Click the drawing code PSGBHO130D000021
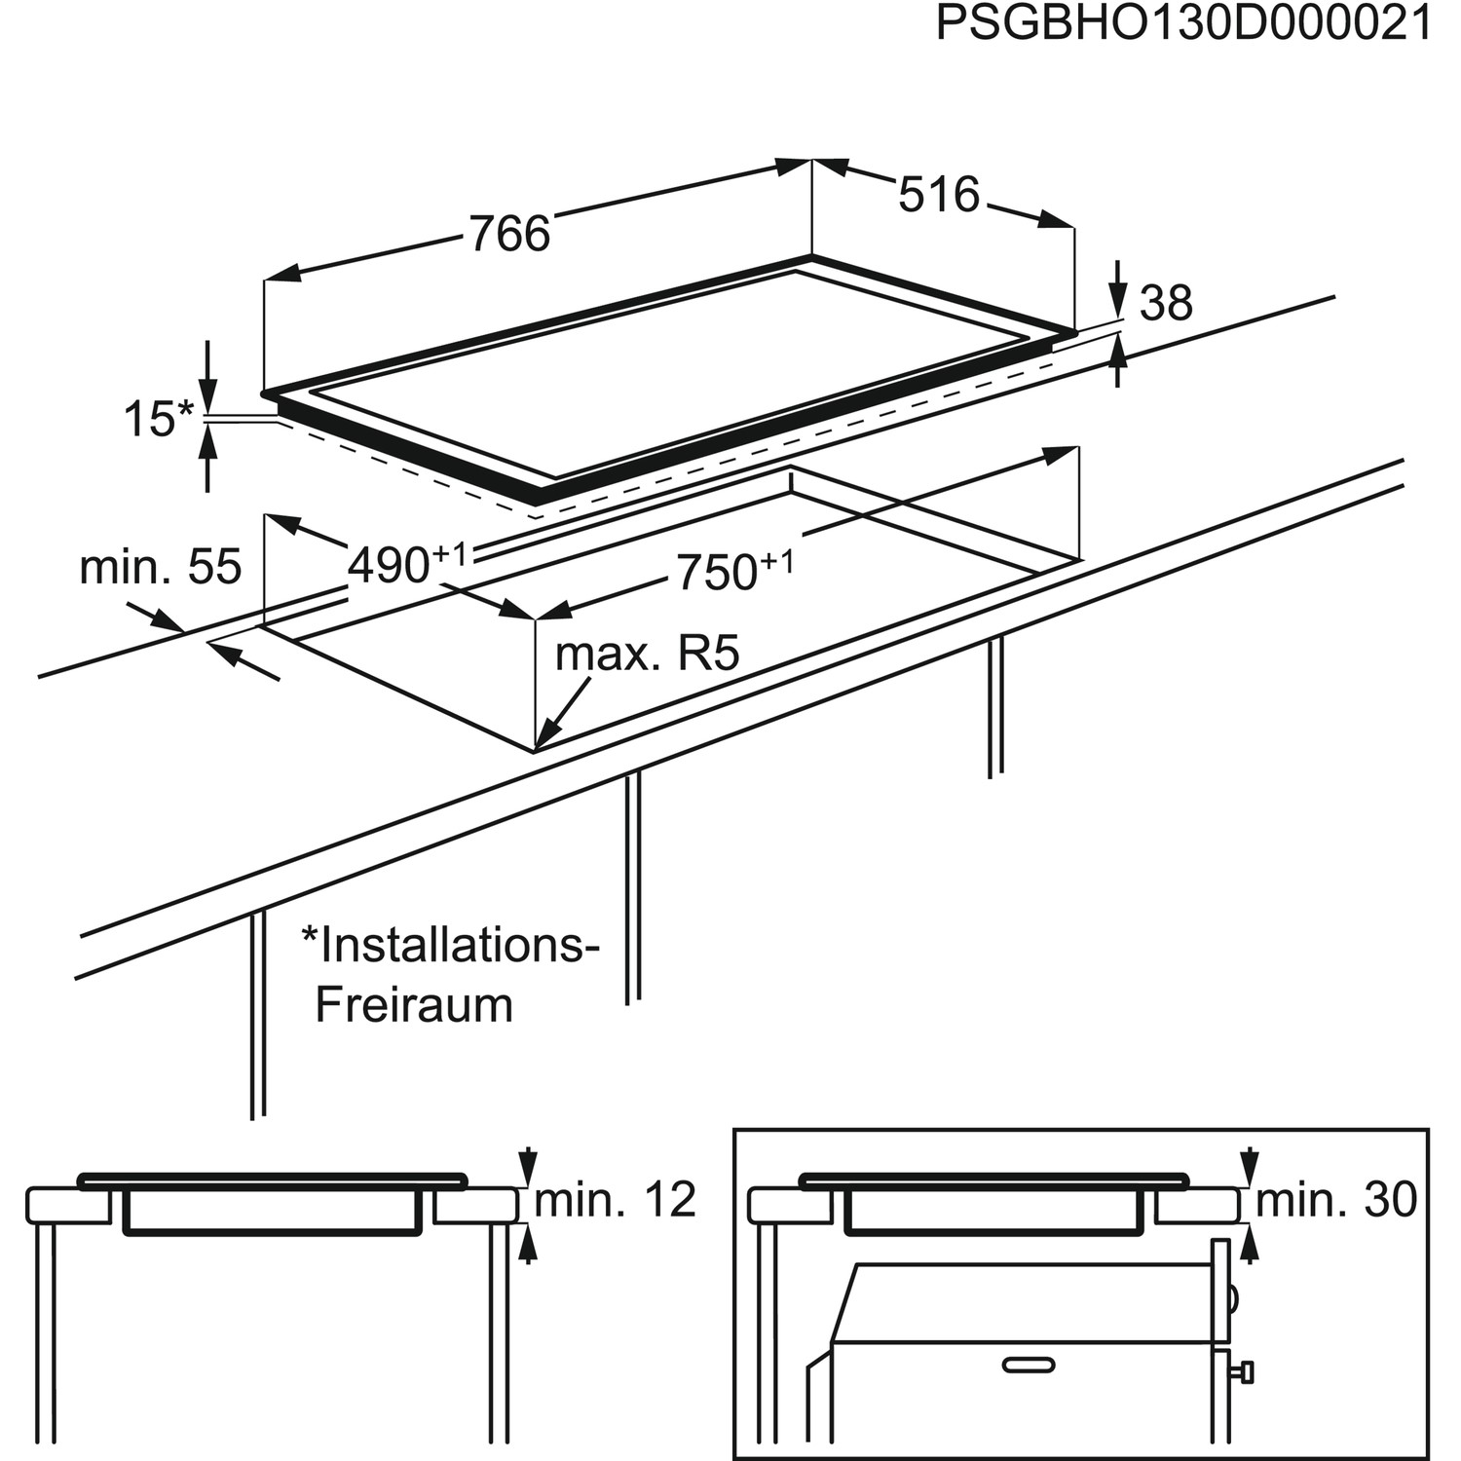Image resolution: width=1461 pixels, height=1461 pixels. (x=1182, y=24)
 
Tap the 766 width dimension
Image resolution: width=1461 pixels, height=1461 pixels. (x=509, y=235)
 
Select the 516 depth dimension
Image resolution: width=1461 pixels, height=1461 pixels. (x=938, y=196)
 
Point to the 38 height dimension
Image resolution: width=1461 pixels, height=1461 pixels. (x=1166, y=304)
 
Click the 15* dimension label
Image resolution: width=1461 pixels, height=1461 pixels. (x=159, y=420)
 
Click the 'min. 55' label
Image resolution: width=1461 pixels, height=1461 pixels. (x=160, y=567)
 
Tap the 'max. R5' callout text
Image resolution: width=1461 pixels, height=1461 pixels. (x=647, y=654)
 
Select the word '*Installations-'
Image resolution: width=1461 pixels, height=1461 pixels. (x=449, y=945)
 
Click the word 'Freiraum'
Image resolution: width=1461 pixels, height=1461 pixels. (x=414, y=1005)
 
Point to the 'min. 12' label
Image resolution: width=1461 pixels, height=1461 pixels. (x=615, y=1200)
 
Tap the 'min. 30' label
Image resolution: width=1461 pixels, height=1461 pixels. (x=1336, y=1200)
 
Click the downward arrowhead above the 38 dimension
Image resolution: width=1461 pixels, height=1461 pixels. (x=1118, y=299)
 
